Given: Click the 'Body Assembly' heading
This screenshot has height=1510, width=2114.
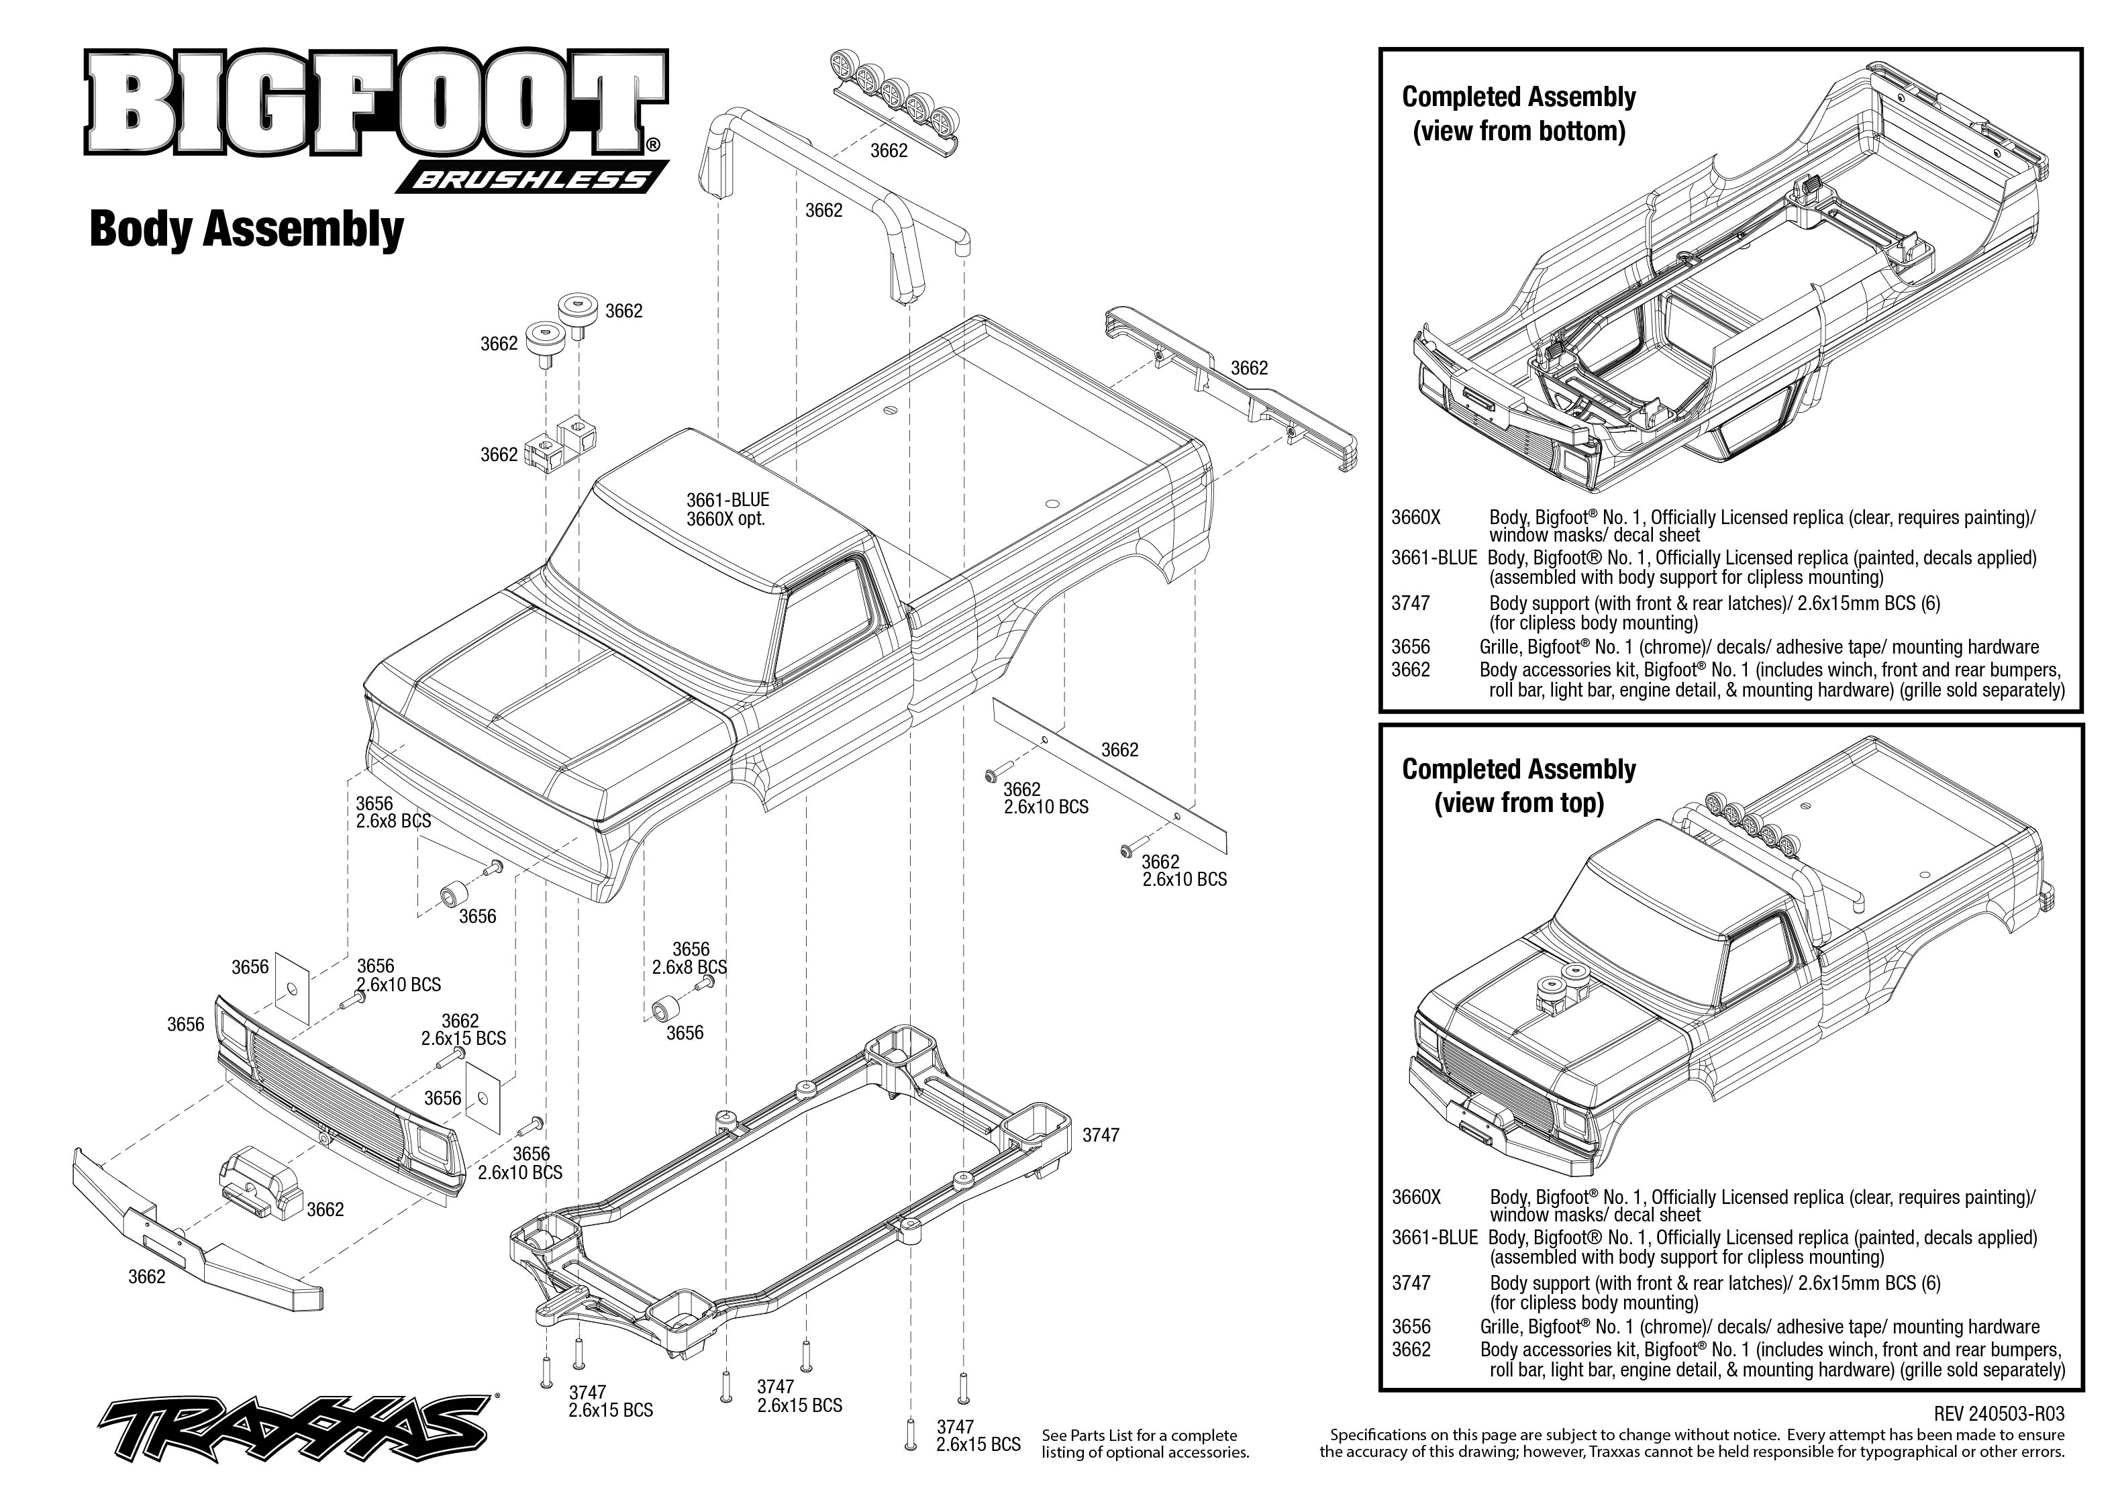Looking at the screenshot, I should tap(246, 229).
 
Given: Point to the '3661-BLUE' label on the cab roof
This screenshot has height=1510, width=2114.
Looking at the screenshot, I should tap(728, 500).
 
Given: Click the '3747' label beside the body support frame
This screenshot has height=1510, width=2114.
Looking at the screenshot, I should tap(1101, 1136).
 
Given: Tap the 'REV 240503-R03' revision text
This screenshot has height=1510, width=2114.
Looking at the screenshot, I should tap(1999, 1414).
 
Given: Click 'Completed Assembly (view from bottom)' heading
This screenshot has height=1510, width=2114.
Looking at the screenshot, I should tap(1519, 113).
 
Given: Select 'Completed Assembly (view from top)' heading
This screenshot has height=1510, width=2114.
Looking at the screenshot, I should tap(1519, 786).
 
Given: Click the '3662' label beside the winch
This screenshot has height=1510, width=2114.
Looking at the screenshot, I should tap(325, 1209).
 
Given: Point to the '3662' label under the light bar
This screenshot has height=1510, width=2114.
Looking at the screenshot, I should tap(889, 150).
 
